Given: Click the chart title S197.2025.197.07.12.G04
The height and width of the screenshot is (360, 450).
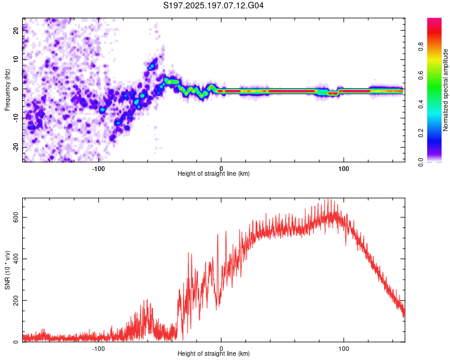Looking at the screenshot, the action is click(x=213, y=5).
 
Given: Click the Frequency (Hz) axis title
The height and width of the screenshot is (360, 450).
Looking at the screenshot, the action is click(x=7, y=90).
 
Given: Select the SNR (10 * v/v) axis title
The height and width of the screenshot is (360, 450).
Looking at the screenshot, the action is click(x=7, y=270).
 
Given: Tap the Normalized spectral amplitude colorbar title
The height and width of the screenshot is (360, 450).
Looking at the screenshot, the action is click(x=445, y=90).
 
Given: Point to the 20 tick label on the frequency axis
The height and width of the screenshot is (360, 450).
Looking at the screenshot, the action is click(x=16, y=31).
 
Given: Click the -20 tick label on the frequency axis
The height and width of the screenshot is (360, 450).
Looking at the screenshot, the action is click(x=16, y=148).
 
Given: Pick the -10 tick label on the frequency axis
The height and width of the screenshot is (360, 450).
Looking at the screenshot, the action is click(x=16, y=118).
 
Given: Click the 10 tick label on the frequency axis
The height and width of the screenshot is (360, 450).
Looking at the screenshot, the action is click(x=16, y=59).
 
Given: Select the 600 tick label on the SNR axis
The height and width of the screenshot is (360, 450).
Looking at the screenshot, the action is click(x=16, y=218).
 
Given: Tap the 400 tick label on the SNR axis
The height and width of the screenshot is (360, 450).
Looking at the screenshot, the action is click(x=16, y=259).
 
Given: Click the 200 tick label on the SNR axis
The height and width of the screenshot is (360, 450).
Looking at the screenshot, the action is click(x=16, y=300).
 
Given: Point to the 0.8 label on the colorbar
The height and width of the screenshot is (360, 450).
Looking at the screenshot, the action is click(x=421, y=47).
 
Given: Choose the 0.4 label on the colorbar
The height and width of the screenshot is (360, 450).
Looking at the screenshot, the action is click(x=421, y=104).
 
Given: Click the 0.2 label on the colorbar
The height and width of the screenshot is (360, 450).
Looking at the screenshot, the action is click(x=421, y=133).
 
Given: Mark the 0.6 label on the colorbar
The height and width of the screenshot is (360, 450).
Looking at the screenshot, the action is click(x=421, y=76).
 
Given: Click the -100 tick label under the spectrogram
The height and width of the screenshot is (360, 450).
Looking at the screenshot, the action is click(x=98, y=169).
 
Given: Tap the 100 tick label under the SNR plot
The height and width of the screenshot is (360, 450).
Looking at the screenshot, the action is click(x=344, y=349).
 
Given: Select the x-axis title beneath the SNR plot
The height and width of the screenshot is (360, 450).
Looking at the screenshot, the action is click(x=214, y=353).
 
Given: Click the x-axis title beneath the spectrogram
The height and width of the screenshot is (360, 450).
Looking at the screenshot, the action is click(x=214, y=173).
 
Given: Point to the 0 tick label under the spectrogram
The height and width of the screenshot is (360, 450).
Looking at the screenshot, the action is click(x=221, y=169).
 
